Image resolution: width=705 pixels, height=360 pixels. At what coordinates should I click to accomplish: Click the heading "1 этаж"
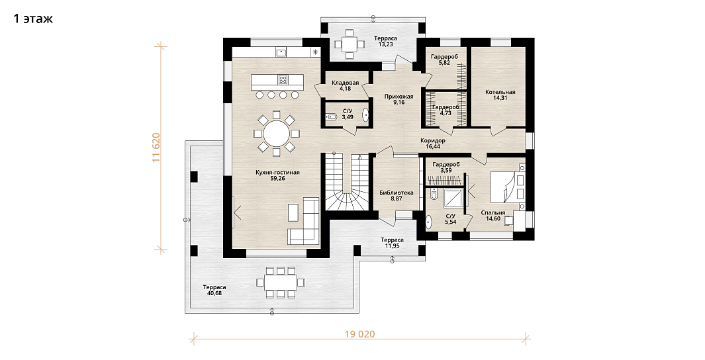click(33, 19)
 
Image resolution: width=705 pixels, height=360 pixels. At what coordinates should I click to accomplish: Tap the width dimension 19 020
click(359, 334)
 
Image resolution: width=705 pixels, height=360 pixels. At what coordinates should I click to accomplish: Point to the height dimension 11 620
click(156, 148)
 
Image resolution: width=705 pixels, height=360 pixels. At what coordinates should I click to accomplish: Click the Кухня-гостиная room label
click(277, 175)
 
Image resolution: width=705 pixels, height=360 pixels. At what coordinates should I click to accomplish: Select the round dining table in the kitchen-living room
click(277, 134)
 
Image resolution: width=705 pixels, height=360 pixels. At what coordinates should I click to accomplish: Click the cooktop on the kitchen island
click(283, 80)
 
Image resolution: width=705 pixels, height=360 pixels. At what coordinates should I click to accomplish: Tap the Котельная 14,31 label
click(500, 95)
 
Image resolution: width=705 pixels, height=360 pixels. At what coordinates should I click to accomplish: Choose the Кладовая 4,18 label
click(346, 85)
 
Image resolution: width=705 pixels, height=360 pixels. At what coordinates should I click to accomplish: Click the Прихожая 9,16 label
click(399, 99)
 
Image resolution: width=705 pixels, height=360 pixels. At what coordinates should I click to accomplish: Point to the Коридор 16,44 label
click(433, 144)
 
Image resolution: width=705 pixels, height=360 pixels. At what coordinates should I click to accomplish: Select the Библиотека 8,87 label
click(397, 195)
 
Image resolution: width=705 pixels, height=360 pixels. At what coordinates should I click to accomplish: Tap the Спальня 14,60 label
click(493, 216)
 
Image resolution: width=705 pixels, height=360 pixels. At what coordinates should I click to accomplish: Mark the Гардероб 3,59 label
click(446, 167)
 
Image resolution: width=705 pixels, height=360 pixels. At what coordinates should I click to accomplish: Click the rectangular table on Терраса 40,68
click(280, 283)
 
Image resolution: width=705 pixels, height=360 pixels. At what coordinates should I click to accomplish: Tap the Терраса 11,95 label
click(392, 243)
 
